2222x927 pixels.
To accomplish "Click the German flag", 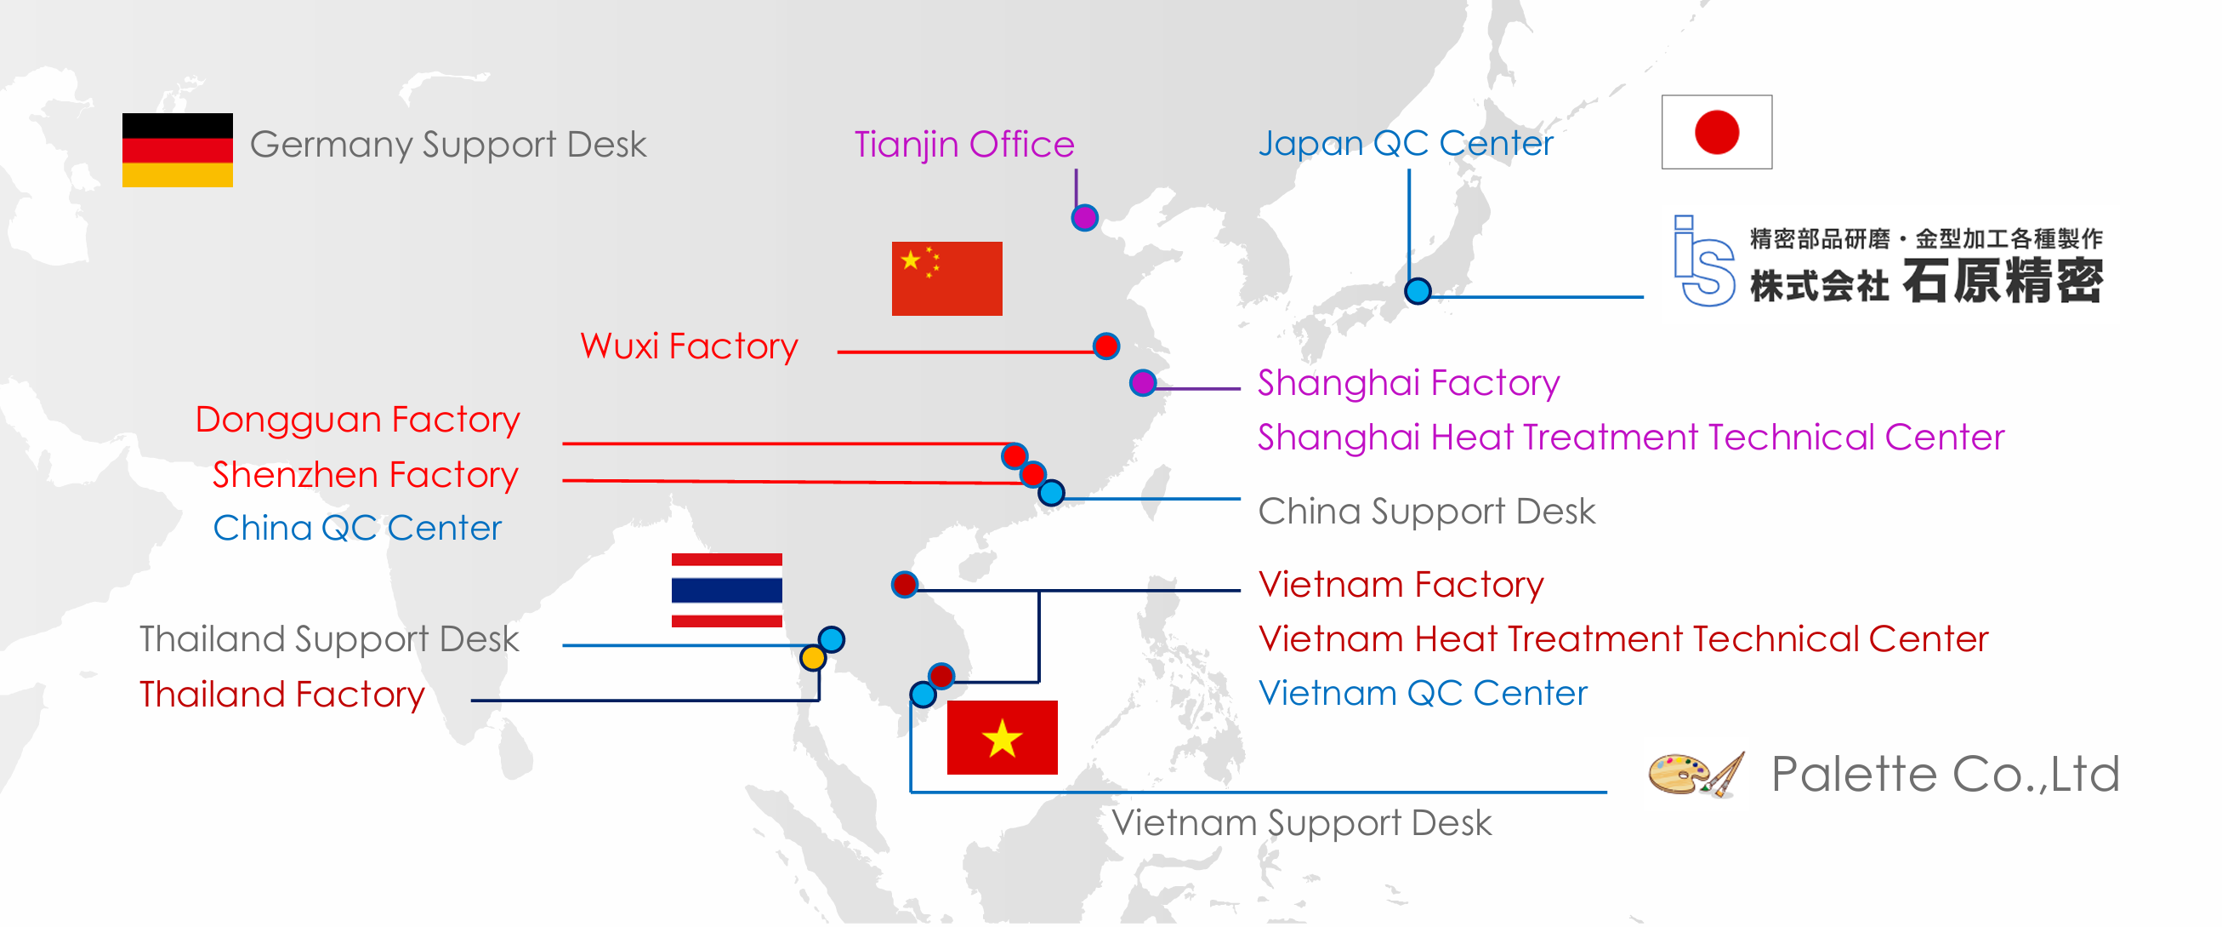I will pyautogui.click(x=177, y=150).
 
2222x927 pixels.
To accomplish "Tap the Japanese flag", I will pyautogui.click(x=1716, y=132).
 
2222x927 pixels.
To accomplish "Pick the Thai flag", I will pyautogui.click(x=726, y=591).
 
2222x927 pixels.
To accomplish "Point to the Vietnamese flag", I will pyautogui.click(x=1002, y=737).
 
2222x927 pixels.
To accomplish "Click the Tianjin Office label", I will pyautogui.click(x=963, y=144).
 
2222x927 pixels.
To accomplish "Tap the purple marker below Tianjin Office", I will pyautogui.click(x=1084, y=218).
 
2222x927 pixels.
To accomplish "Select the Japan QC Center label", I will pyautogui.click(x=1405, y=143).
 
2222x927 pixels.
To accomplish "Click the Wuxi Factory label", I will pyautogui.click(x=688, y=346).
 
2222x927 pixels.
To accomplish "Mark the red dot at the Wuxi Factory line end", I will pyautogui.click(x=1105, y=346).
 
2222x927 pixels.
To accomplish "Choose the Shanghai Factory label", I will pyautogui.click(x=1407, y=382).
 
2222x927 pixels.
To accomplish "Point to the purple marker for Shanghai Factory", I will pyautogui.click(x=1143, y=382).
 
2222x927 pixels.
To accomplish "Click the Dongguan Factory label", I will pyautogui.click(x=357, y=420).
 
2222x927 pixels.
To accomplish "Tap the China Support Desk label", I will pyautogui.click(x=1426, y=511).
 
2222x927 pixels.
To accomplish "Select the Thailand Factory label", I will pyautogui.click(x=282, y=694).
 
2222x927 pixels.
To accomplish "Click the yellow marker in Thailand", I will pyautogui.click(x=813, y=658).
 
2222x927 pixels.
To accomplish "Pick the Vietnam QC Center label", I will pyautogui.click(x=1422, y=693).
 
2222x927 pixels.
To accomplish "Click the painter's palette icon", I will pyautogui.click(x=1694, y=775).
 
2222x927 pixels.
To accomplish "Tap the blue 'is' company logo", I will pyautogui.click(x=1702, y=261).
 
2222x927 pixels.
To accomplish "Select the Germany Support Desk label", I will pyautogui.click(x=447, y=144).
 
